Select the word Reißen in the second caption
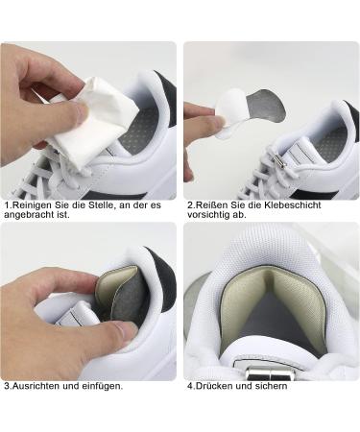click(x=217, y=204)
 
